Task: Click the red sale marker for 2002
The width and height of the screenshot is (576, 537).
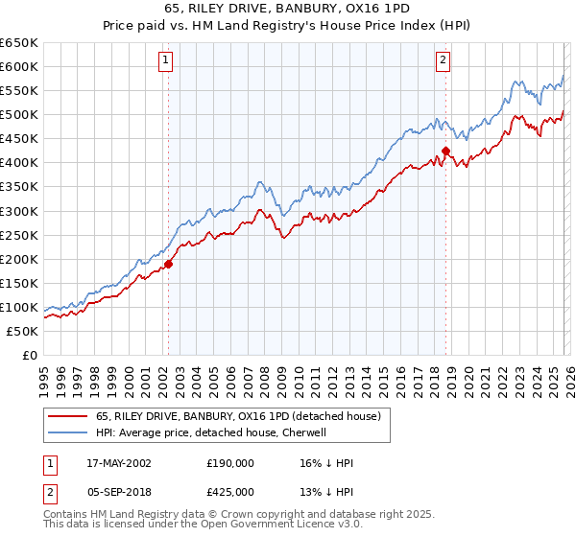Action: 168,264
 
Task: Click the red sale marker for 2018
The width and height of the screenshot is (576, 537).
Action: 445,151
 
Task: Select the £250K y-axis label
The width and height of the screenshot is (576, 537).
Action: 20,235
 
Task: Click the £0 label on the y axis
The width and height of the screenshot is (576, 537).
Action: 29,356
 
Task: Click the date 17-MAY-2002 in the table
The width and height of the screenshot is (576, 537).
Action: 118,463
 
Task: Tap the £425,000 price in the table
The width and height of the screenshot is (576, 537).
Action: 230,492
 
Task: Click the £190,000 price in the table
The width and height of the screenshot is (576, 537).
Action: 230,463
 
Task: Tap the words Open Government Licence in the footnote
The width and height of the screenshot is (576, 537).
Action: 273,528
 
